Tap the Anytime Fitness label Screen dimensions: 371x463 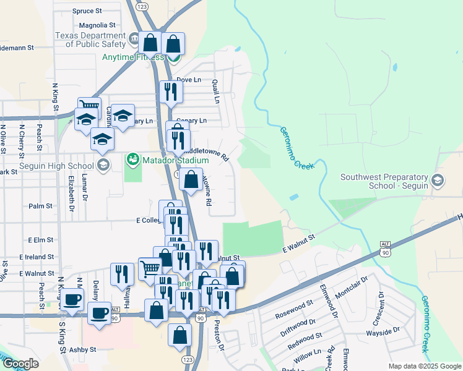tap(133, 58)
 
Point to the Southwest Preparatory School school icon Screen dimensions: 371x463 tap(438, 181)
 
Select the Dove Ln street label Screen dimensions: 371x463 tap(189, 80)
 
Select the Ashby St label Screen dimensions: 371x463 tap(84, 349)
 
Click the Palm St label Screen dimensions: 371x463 tap(40, 206)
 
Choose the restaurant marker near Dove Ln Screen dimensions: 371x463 tap(169, 92)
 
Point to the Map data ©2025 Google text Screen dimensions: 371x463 tap(425, 366)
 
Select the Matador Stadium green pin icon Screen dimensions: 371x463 tap(132, 160)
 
